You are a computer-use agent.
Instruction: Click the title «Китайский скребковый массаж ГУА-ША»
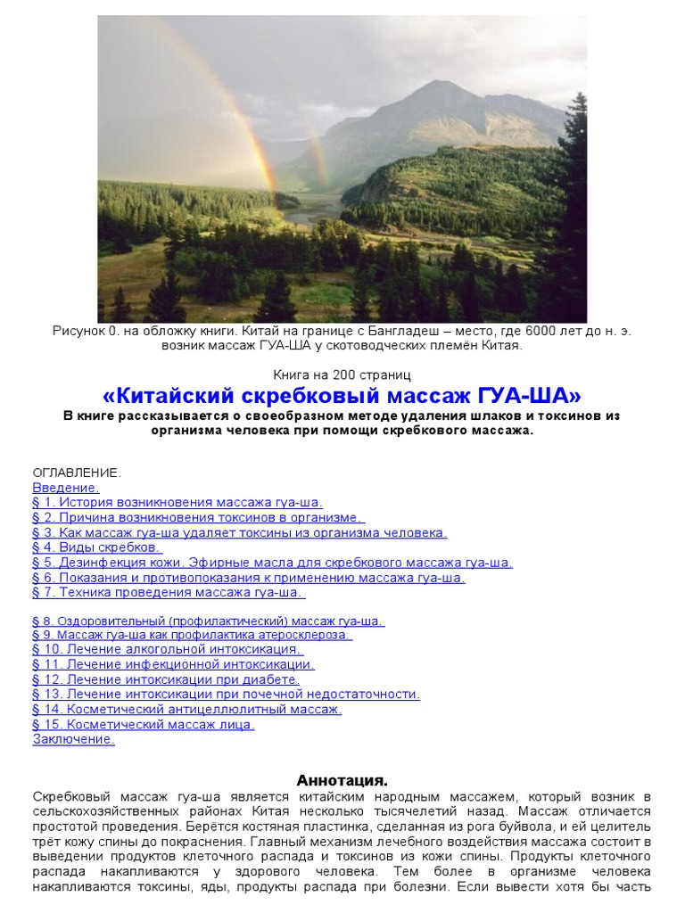[342, 395]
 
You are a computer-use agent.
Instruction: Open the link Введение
[66, 488]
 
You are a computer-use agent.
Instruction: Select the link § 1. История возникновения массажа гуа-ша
[177, 503]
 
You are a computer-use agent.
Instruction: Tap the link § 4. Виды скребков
[97, 547]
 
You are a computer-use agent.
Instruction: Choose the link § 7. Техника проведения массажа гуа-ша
[169, 591]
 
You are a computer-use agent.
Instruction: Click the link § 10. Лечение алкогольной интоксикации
[167, 649]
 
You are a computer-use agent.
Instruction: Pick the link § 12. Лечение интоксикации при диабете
[166, 679]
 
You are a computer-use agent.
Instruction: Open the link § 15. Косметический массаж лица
[144, 724]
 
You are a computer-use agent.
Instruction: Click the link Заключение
[74, 739]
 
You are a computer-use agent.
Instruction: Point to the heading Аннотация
[342, 780]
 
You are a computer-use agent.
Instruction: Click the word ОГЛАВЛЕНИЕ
[77, 473]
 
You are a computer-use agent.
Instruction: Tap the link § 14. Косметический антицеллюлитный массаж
[187, 709]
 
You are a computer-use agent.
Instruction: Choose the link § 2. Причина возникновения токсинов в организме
[198, 517]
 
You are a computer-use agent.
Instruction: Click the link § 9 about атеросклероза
[193, 635]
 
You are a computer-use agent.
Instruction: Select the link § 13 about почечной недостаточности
[227, 694]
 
